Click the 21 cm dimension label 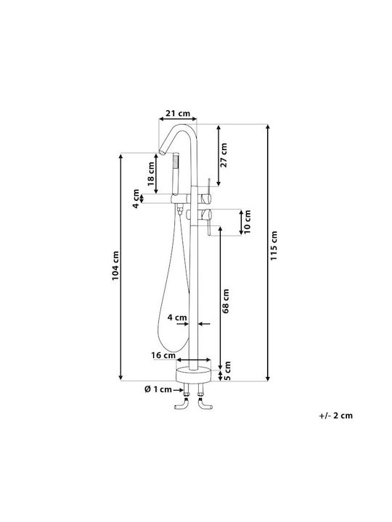(x=178, y=113)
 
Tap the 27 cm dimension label (x=224, y=155)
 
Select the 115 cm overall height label (x=274, y=246)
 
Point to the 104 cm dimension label (x=115, y=265)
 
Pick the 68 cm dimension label (x=226, y=301)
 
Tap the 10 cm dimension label (x=247, y=222)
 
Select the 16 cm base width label (x=163, y=355)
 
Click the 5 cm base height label (x=227, y=371)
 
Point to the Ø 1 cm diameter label (x=158, y=389)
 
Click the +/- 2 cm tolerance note (x=335, y=415)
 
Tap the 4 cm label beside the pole (x=177, y=318)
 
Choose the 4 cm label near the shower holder (x=136, y=199)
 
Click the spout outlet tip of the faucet (x=162, y=152)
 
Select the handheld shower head (x=176, y=174)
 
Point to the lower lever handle (x=206, y=221)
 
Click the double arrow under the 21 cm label (x=178, y=119)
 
